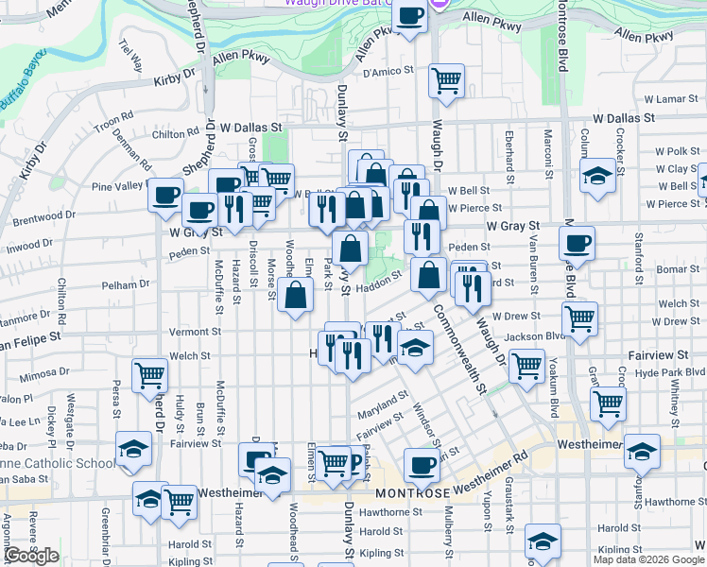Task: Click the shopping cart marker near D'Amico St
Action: [x=446, y=80]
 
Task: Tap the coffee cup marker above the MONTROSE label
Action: [x=422, y=465]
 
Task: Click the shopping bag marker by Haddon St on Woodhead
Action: [x=296, y=295]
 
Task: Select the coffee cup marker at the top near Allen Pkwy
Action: [x=410, y=16]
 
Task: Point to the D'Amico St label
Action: [x=389, y=71]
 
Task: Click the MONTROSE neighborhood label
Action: [x=412, y=494]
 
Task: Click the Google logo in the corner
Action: [x=32, y=556]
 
